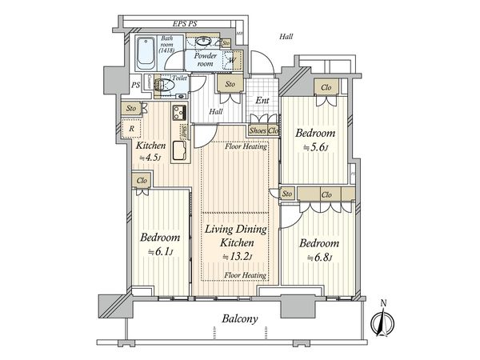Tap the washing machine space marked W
coord(231,59)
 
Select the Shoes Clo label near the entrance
coord(263,131)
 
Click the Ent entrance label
coord(262,102)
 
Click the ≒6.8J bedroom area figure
coord(320,258)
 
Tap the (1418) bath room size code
coord(167,50)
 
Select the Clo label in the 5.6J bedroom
coord(326,87)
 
